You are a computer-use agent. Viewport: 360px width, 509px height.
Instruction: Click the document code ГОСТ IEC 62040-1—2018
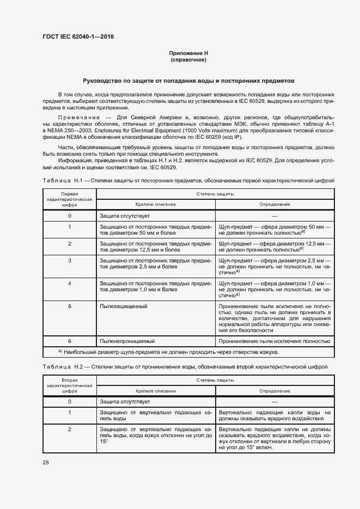(78, 37)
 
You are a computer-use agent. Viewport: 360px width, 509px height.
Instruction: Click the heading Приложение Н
(188, 53)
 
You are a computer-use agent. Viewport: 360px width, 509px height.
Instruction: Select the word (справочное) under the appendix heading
(188, 59)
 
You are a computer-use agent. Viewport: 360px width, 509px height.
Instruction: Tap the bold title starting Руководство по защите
(188, 79)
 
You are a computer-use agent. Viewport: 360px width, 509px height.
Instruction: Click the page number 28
(46, 462)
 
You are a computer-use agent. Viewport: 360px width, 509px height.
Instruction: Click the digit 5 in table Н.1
(70, 306)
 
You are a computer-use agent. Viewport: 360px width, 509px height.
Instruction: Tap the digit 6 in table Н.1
(70, 341)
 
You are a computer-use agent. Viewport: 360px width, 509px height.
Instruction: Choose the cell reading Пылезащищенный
(124, 306)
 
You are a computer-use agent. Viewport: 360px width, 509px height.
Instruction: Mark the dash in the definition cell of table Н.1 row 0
(274, 216)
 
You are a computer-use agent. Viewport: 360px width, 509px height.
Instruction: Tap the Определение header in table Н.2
(274, 391)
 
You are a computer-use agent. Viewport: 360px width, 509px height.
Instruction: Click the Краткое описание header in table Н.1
(156, 204)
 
